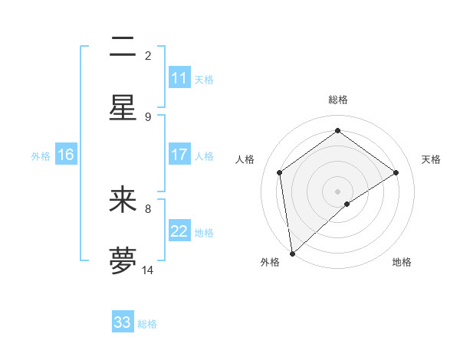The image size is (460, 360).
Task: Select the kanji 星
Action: pos(123,107)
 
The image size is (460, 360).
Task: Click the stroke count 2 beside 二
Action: pos(148,55)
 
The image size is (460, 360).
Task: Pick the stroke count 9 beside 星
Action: pos(148,116)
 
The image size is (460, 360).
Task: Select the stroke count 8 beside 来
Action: pos(148,208)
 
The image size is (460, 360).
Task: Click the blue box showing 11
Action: pos(179,78)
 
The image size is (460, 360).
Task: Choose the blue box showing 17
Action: pos(179,155)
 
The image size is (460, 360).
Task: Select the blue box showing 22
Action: pos(179,231)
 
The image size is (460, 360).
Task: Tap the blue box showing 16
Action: pos(66,155)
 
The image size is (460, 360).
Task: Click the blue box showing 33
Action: pos(123,322)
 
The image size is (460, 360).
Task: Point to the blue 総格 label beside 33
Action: pos(147,324)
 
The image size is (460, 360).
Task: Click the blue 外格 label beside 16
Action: pos(41,156)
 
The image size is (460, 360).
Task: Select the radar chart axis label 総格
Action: pos(337,100)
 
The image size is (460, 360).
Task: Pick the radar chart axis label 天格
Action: pos(431,159)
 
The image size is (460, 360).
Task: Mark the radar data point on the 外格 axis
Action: pos(292,253)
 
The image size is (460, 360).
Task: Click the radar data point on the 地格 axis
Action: pos(347,204)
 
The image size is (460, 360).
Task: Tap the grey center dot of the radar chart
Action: pos(337,190)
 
